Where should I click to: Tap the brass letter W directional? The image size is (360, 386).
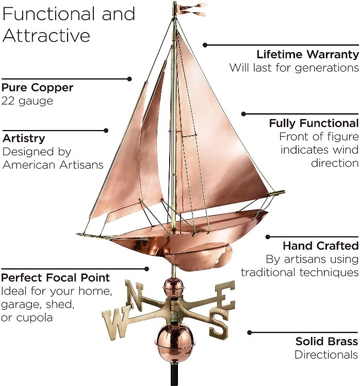click(x=114, y=323)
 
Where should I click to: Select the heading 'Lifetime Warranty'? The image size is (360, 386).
click(x=307, y=54)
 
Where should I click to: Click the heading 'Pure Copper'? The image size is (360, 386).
click(x=37, y=87)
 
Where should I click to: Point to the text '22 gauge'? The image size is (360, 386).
click(x=27, y=101)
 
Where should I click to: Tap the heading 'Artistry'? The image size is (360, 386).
click(x=24, y=138)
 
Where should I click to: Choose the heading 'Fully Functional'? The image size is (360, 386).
click(x=313, y=123)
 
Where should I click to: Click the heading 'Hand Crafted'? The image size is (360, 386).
click(x=320, y=245)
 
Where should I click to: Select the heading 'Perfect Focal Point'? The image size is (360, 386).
click(x=56, y=277)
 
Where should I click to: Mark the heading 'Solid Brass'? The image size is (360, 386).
click(x=326, y=341)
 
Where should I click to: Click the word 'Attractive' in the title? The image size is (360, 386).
click(x=46, y=35)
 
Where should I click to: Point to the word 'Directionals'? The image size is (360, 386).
click(x=326, y=355)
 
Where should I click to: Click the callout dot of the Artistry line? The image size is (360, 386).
click(x=106, y=131)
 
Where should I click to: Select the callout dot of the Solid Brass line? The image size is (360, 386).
click(x=250, y=333)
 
